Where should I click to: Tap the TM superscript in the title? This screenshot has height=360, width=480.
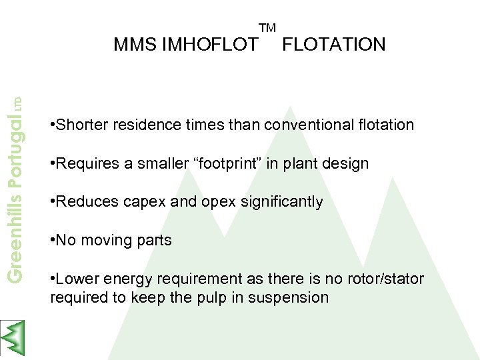pyautogui.click(x=267, y=28)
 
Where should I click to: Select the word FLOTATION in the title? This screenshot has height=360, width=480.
pyautogui.click(x=334, y=45)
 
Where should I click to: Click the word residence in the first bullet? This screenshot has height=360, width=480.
pyautogui.click(x=145, y=125)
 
